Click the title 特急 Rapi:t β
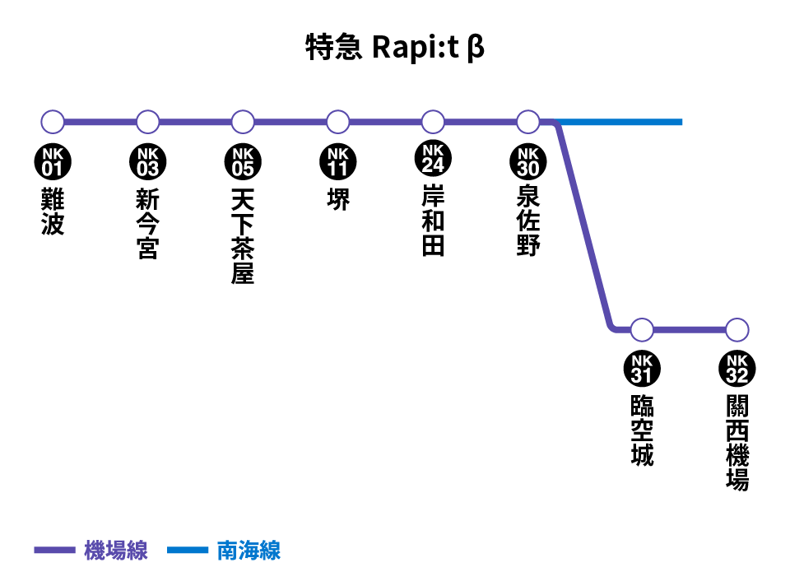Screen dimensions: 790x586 click(394, 48)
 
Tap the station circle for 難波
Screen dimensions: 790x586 click(53, 122)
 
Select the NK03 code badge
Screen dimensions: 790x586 click(147, 162)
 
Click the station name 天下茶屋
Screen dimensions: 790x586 click(242, 236)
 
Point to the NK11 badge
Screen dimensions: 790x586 click(338, 162)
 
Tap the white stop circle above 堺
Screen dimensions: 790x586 click(337, 122)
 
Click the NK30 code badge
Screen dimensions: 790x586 click(528, 162)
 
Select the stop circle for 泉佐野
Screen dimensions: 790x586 click(528, 122)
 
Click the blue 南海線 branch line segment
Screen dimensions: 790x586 click(620, 122)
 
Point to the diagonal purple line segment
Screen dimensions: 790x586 click(584, 226)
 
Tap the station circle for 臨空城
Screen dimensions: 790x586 click(642, 330)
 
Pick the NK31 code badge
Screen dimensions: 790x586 click(642, 369)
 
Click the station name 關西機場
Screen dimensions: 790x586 click(737, 443)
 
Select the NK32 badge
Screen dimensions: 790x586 click(737, 369)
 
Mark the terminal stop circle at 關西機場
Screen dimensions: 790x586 click(737, 330)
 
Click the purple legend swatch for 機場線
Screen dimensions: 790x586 click(54, 550)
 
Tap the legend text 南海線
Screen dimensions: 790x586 click(249, 551)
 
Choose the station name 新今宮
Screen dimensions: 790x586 click(147, 224)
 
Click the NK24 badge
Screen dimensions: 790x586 click(433, 158)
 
